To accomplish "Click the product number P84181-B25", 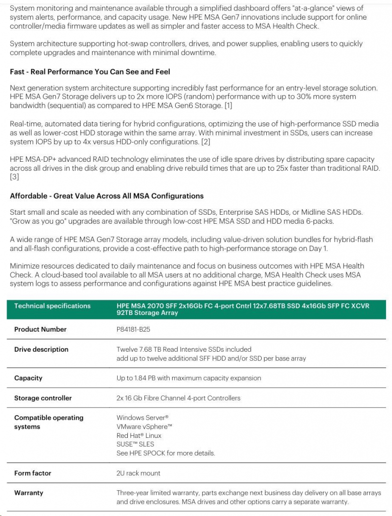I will point(133,330).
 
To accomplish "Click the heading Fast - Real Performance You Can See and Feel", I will point(90,72).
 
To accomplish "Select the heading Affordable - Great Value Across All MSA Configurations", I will point(107,196).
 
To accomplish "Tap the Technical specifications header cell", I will point(52,306).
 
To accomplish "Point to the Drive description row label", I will point(41,349).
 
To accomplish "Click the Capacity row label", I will point(28,378).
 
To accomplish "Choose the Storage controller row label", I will point(43,398).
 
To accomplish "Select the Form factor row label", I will point(33,473).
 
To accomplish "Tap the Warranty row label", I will point(29,493).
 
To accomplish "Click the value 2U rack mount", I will point(138,473).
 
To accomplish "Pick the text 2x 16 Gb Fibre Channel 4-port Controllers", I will point(178,398).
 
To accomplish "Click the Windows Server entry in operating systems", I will point(142,418).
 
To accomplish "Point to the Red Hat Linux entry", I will point(139,435).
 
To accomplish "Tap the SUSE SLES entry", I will point(135,444).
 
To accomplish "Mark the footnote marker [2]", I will point(206,142).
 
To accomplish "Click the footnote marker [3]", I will point(14,177).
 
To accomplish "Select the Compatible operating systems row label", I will point(49,422).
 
